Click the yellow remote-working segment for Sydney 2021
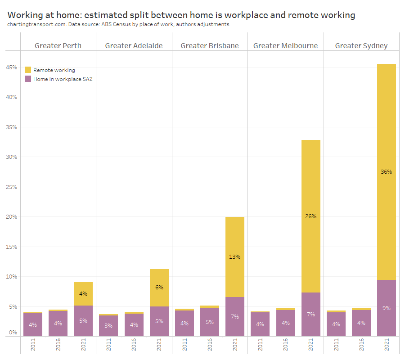(x=386, y=135)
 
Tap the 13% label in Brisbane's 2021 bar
(x=235, y=257)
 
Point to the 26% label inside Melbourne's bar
(x=310, y=216)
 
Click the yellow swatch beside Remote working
(x=28, y=70)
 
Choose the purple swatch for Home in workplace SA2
(x=28, y=79)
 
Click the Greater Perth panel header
(x=58, y=45)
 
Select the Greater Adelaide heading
(x=134, y=45)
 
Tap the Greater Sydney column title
(x=361, y=45)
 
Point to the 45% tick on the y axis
(x=11, y=67)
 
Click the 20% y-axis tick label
(x=11, y=217)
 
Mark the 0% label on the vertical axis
(x=13, y=333)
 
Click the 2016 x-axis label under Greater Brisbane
(x=210, y=346)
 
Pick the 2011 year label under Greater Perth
(x=33, y=346)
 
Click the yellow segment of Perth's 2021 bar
(x=83, y=294)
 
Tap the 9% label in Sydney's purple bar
(x=386, y=308)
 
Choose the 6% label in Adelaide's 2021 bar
(x=159, y=287)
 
